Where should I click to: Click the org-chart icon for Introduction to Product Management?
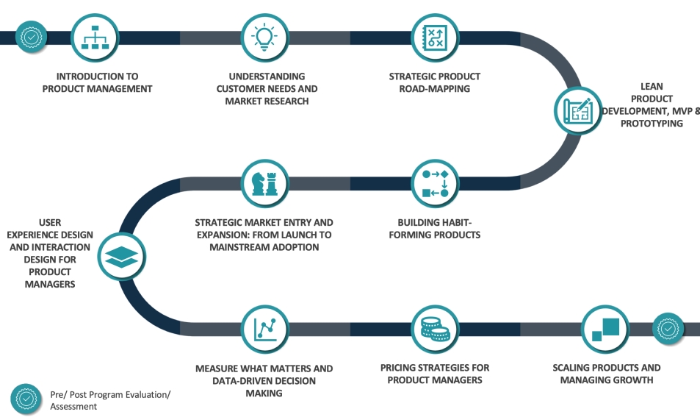(x=95, y=38)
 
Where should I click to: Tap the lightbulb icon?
(x=264, y=38)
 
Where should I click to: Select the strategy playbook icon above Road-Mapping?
(x=435, y=38)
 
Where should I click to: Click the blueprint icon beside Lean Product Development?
(x=577, y=110)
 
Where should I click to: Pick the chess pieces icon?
(x=264, y=183)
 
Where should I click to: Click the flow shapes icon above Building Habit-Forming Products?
(x=435, y=183)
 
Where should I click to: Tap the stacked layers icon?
(x=121, y=257)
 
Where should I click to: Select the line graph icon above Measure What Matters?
(x=264, y=330)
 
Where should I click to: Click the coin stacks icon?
(x=435, y=330)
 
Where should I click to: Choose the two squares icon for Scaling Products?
(x=605, y=330)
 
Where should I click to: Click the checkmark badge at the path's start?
(x=31, y=37)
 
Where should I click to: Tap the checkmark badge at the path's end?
(x=668, y=330)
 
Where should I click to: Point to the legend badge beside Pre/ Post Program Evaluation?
(x=26, y=399)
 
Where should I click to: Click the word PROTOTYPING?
(x=652, y=124)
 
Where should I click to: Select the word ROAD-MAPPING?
(x=434, y=88)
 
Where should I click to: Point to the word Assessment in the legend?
(x=73, y=407)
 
